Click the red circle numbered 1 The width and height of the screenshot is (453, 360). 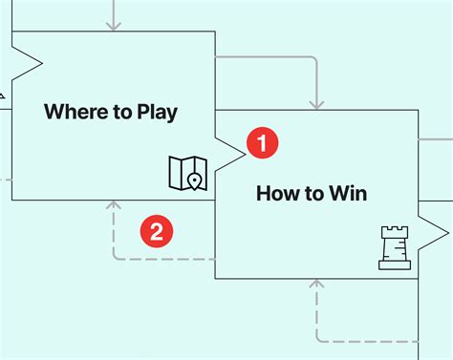[262, 142]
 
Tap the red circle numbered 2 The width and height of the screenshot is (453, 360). [157, 230]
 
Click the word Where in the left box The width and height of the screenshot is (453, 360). [74, 112]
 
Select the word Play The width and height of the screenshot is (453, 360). [157, 113]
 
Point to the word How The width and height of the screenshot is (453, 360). [275, 194]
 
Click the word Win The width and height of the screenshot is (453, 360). [347, 194]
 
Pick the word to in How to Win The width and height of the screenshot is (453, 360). [313, 194]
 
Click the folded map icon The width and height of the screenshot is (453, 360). [187, 172]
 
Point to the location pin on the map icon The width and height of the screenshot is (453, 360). [195, 180]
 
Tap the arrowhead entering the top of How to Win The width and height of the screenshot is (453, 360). [315, 102]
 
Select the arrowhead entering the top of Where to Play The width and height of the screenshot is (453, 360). [114, 25]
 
